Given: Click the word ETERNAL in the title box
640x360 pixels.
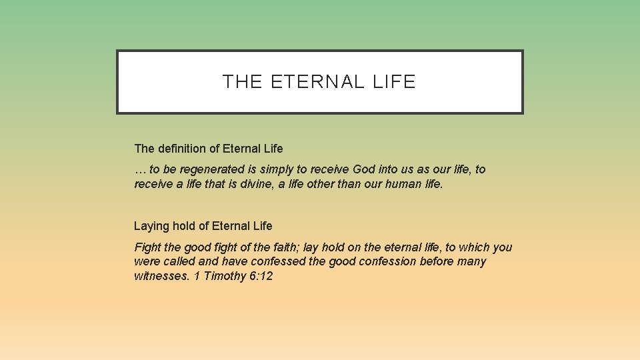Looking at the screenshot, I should click(x=318, y=82).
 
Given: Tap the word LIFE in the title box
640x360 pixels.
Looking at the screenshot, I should click(x=394, y=82).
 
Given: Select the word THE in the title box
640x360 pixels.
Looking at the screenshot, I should click(x=243, y=82).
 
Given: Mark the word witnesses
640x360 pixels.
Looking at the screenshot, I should click(x=161, y=276).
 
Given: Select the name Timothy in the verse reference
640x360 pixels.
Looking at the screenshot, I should click(x=225, y=276).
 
